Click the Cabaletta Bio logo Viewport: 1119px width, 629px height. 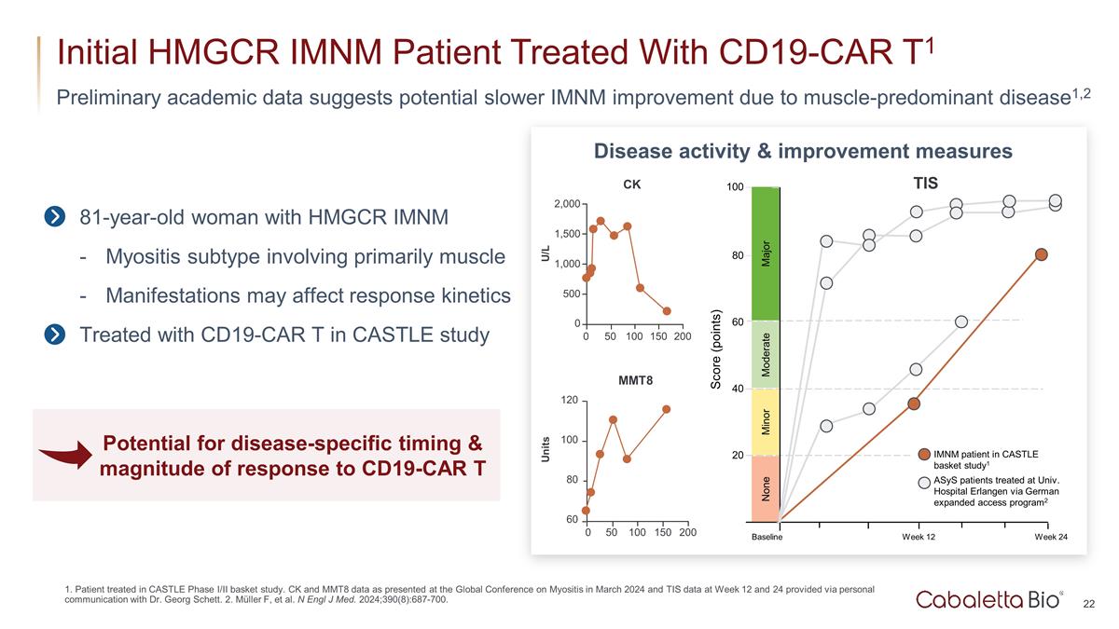pos(988,599)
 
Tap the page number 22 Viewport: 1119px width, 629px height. pos(1088,605)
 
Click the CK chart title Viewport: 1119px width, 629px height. pos(632,185)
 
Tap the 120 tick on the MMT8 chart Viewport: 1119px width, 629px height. pos(568,401)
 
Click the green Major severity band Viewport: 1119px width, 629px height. pos(765,253)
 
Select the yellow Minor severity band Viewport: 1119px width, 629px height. pos(765,422)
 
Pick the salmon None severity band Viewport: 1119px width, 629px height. pos(765,487)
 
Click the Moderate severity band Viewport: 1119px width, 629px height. pos(765,355)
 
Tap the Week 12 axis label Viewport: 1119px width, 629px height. pos(918,538)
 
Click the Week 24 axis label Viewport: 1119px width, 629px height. pos(1051,538)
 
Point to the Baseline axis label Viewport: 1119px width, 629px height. pos(767,538)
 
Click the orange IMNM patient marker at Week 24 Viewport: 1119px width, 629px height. pos(1042,254)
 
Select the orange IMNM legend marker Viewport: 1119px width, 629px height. pos(923,455)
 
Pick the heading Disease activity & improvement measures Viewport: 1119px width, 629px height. pos(803,151)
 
